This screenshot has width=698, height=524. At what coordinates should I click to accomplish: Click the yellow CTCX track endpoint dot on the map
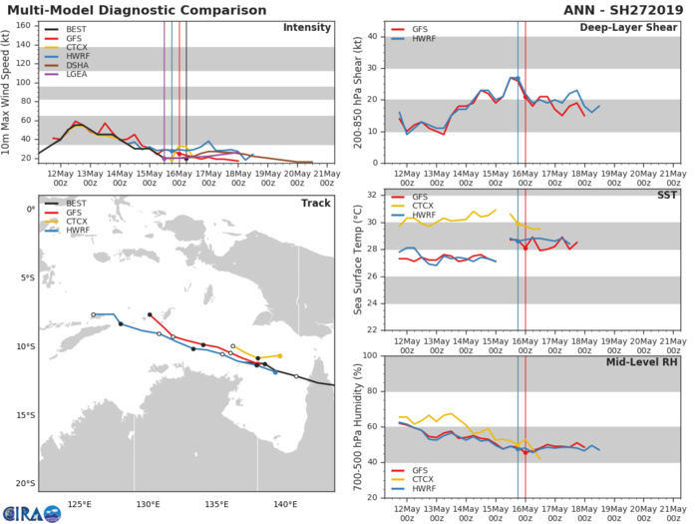click(280, 355)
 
